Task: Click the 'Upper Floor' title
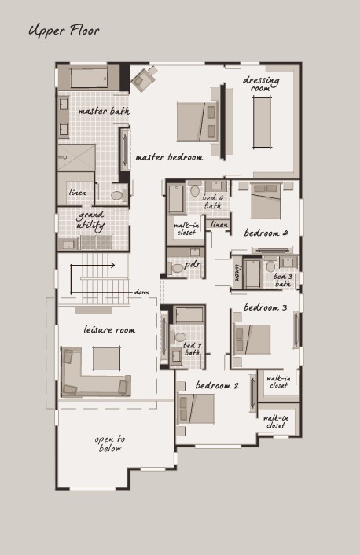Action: pos(64,31)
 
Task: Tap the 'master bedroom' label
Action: pos(169,157)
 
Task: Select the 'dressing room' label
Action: pos(261,84)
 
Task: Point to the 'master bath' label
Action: pos(104,111)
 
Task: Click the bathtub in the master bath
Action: pos(89,78)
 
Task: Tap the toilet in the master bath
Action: pos(119,195)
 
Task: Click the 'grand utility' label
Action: pos(90,220)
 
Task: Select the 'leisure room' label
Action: pos(109,330)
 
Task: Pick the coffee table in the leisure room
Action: pos(107,358)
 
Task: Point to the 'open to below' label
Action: pos(110,443)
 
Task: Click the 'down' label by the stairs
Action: pos(141,292)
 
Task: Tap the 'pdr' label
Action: pos(193,264)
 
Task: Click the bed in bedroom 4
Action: pos(266,200)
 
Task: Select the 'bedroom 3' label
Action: pos(266,307)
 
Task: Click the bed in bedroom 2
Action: pos(196,409)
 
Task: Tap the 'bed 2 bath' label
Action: pos(192,349)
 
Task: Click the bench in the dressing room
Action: pos(263,123)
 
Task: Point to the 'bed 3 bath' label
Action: pos(283,280)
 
